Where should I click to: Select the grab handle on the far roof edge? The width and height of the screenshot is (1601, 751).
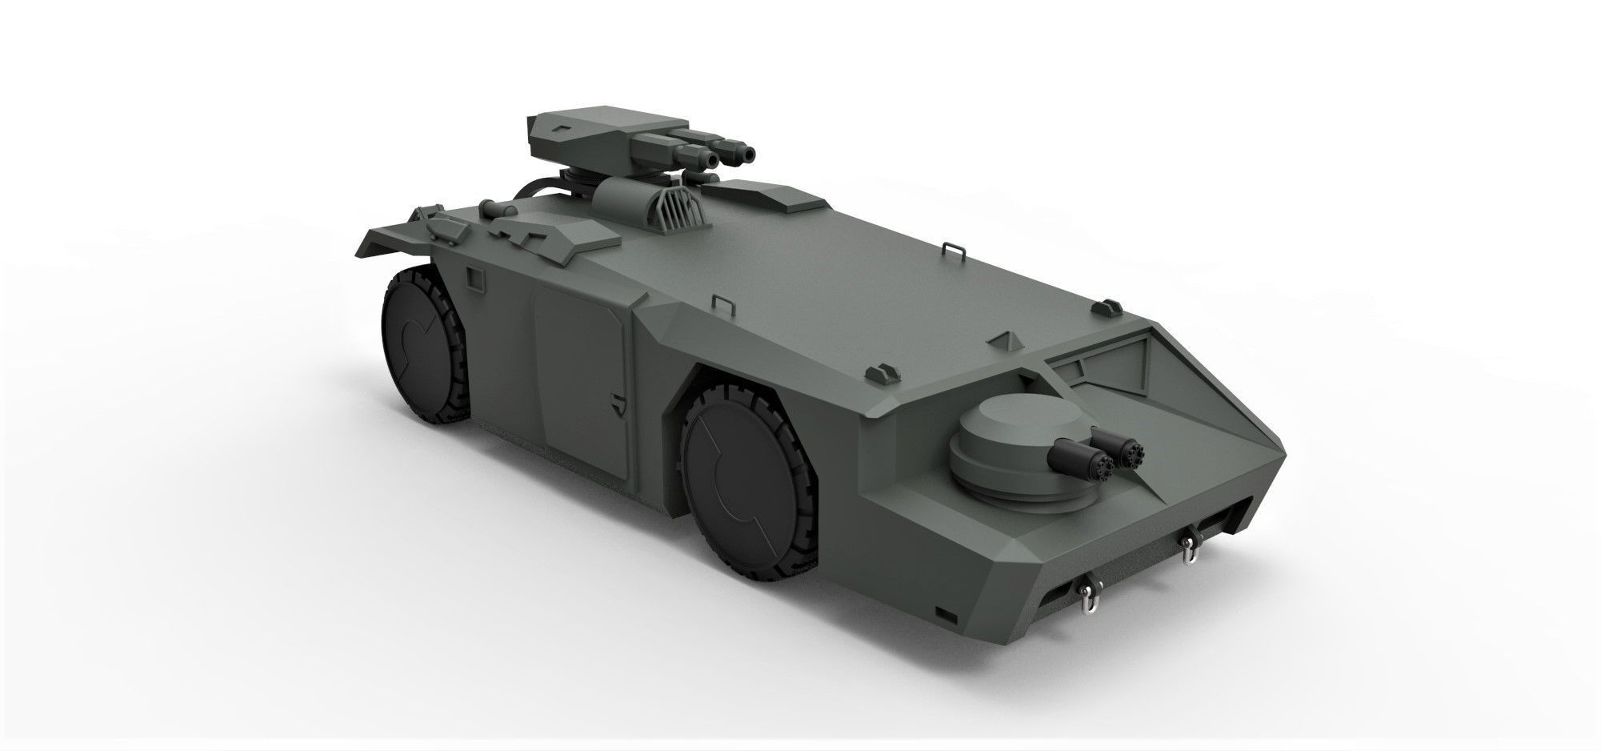(951, 247)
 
